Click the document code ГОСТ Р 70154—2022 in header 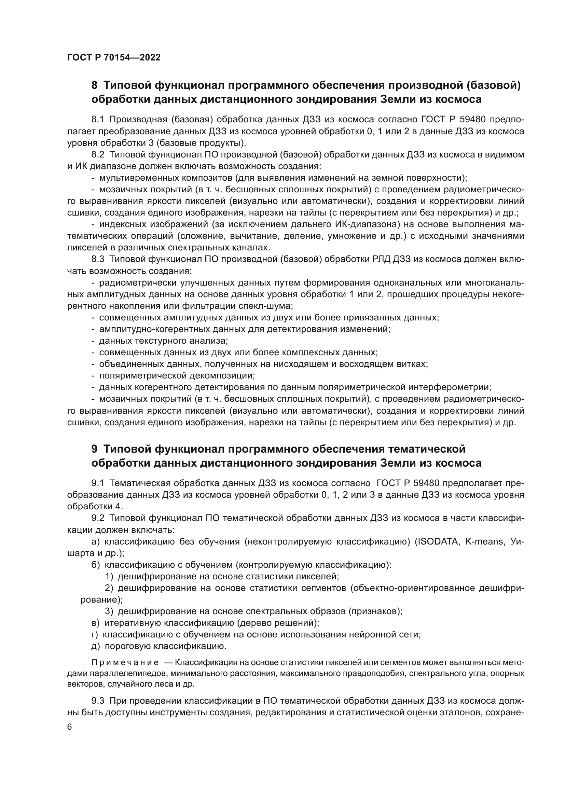click(x=114, y=58)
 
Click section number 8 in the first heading click(x=94, y=85)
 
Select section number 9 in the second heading click(x=94, y=449)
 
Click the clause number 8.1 click(x=98, y=120)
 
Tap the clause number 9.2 click(x=98, y=518)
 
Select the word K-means click(x=484, y=541)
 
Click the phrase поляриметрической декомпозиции click(x=177, y=376)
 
